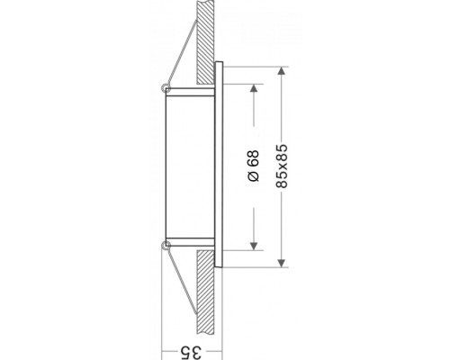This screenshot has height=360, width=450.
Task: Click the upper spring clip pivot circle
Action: point(162,88)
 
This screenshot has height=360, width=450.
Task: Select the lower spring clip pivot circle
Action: point(162,244)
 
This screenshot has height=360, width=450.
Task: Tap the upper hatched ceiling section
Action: point(206,36)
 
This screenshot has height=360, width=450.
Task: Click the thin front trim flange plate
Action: point(220,166)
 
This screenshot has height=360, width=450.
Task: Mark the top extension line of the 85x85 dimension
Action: point(256,65)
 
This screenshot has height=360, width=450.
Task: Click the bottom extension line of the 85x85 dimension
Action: point(256,268)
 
